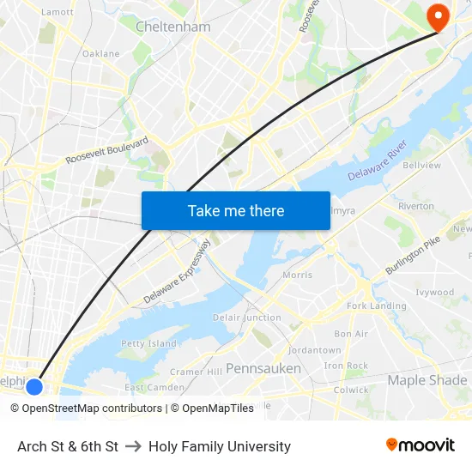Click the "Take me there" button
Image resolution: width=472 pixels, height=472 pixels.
[x=236, y=210]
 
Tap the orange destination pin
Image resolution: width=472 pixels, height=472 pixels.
[x=438, y=16]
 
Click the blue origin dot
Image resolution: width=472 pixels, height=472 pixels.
[x=34, y=386]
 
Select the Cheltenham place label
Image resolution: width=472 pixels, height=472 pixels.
[x=172, y=27]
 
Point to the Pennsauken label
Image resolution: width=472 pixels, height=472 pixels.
[x=263, y=368]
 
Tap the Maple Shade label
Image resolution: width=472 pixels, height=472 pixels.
[x=427, y=379]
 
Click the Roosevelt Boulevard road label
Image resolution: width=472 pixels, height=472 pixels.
[x=107, y=150]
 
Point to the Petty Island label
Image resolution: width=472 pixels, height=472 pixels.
[x=148, y=343]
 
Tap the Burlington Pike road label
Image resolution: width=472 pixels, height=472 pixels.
[x=417, y=255]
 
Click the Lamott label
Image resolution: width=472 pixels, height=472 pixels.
[x=57, y=12]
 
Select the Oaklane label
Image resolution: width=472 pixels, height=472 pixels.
[x=100, y=53]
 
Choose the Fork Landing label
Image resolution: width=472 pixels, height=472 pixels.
[x=377, y=306]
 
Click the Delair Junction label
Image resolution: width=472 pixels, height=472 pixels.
[x=247, y=318]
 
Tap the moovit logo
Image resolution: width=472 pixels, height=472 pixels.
[x=421, y=445]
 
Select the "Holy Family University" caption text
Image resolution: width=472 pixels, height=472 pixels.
[x=220, y=446]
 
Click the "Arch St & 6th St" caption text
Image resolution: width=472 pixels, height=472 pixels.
[x=68, y=446]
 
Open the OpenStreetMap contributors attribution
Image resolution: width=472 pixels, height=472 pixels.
[x=92, y=408]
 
